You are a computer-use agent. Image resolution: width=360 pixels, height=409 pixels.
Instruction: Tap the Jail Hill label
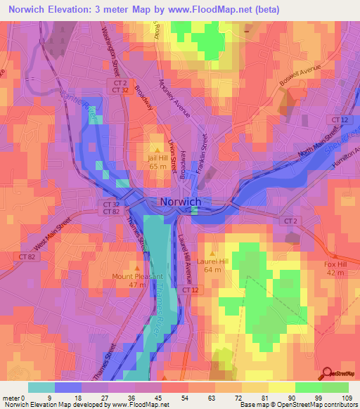(x=157, y=158)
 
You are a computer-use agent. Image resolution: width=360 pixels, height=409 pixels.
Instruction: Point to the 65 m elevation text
(x=157, y=167)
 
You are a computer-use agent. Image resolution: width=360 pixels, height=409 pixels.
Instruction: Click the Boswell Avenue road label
(x=299, y=72)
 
